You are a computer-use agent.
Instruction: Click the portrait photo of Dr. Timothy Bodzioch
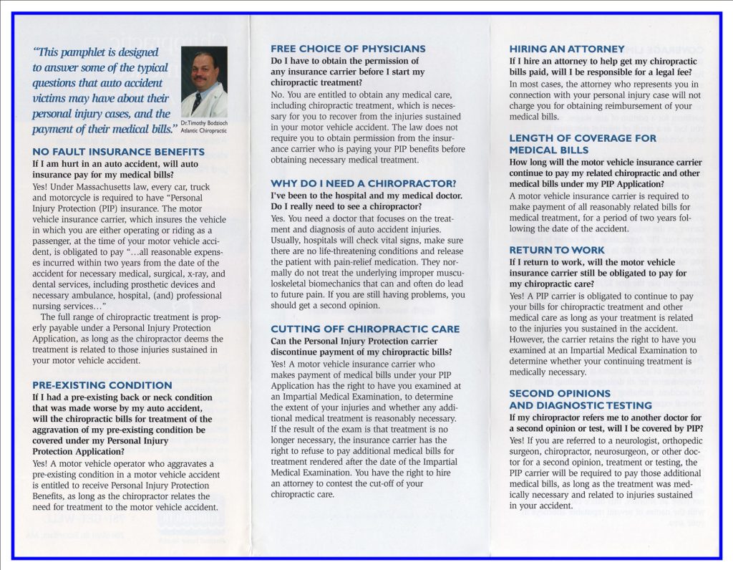204,82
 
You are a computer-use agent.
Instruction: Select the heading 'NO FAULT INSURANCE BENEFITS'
118,152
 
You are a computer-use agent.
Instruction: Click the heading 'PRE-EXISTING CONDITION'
102,385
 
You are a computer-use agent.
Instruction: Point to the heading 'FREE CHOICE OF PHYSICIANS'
348,49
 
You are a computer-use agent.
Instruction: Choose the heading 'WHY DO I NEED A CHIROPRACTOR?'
363,183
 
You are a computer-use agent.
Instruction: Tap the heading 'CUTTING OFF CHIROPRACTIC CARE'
365,329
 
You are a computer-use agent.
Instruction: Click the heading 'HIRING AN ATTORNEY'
567,49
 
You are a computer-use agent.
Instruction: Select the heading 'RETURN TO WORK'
557,250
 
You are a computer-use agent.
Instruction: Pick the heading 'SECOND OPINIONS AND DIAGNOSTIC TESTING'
571,399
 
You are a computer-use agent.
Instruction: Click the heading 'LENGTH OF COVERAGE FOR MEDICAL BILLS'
583,144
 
